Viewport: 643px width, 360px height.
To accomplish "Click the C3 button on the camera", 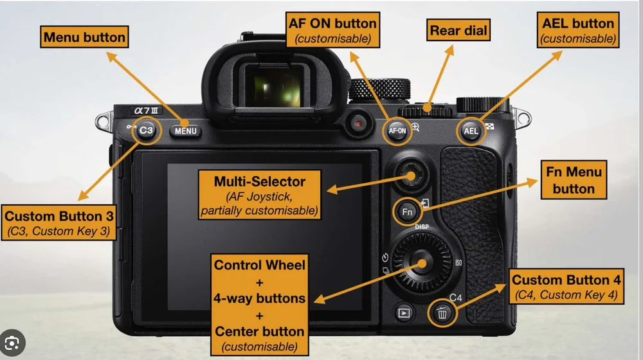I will (x=147, y=131).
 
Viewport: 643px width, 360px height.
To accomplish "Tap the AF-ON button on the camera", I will (x=397, y=131).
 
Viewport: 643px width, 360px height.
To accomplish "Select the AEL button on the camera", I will (x=471, y=131).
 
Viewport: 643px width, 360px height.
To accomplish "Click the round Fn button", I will (x=407, y=212).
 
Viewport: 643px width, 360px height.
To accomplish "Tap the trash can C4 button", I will (x=442, y=314).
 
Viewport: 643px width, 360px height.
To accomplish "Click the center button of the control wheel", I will (x=422, y=263).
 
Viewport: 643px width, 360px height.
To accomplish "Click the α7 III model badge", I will (x=146, y=111).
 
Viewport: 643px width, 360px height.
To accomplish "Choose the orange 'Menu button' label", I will (x=84, y=37).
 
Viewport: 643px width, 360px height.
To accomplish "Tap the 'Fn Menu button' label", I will (x=574, y=180).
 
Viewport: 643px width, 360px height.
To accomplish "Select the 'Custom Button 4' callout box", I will (x=566, y=287).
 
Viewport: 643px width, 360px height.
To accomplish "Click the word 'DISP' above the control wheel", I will (x=422, y=227).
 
